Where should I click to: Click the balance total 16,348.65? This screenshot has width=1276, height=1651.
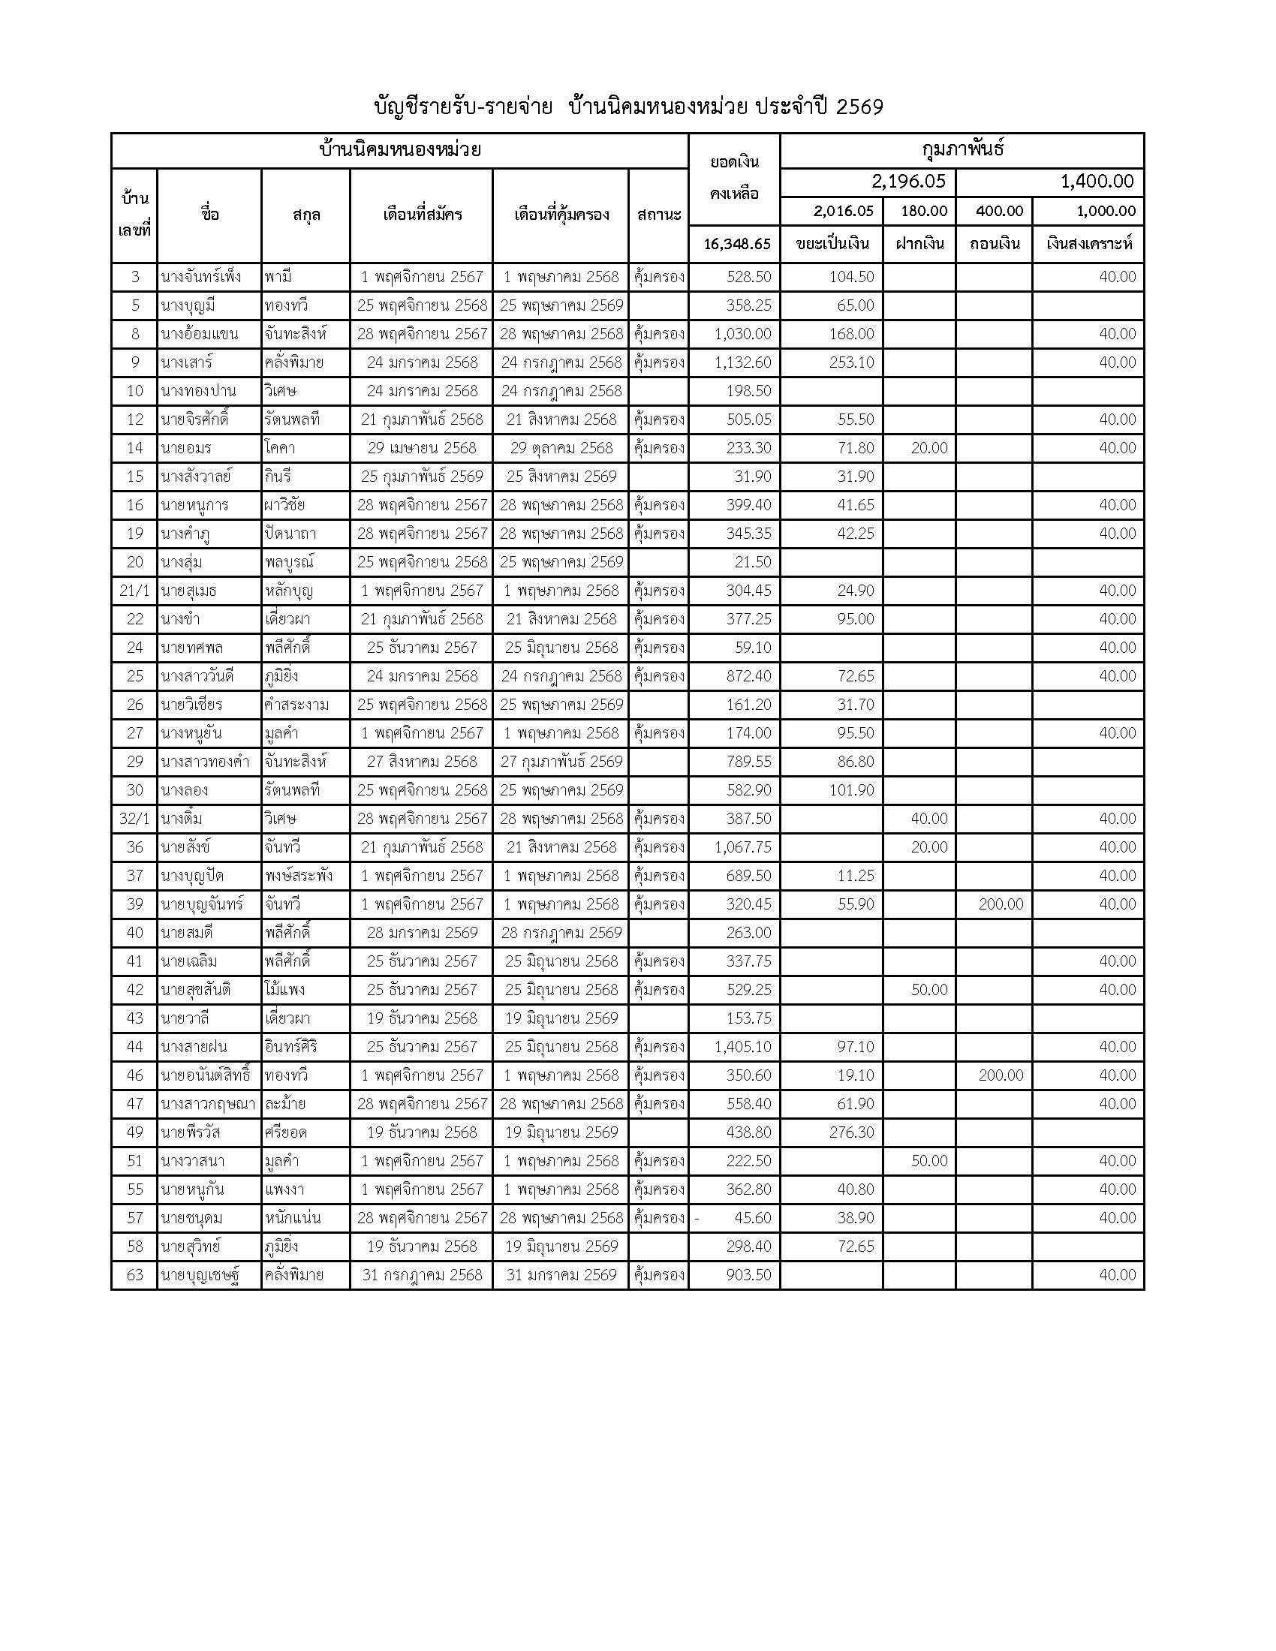tap(736, 244)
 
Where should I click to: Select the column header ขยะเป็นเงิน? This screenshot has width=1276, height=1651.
tap(832, 244)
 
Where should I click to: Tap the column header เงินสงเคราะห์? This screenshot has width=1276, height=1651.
tap(1088, 244)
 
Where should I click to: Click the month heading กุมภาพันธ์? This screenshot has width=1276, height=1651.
tap(962, 149)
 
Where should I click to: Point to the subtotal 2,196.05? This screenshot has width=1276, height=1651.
tap(908, 182)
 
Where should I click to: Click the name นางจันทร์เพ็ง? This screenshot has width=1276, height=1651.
tap(201, 278)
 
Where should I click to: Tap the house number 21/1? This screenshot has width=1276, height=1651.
tap(134, 591)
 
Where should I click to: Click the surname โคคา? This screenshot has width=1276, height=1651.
tap(280, 448)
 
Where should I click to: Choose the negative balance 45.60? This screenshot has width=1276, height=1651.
tap(748, 1218)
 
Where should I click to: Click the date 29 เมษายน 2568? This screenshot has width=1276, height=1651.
tap(422, 448)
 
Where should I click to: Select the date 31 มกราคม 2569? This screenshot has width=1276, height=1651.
tap(561, 1275)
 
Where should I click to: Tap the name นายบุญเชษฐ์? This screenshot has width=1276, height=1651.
tap(200, 1275)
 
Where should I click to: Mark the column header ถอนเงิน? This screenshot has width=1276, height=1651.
tap(995, 244)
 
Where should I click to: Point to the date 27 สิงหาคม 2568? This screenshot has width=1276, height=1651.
tap(422, 762)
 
